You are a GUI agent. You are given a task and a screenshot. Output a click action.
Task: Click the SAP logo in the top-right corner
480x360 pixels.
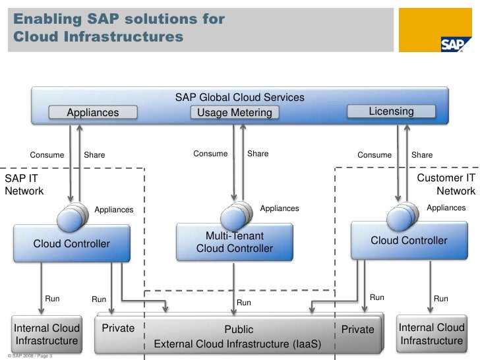click(456, 43)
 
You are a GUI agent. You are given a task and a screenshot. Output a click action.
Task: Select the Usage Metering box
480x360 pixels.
click(234, 113)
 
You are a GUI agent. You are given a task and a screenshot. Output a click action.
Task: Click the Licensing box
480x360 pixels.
click(391, 111)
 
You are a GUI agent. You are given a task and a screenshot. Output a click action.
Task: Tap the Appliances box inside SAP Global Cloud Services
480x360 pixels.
click(93, 113)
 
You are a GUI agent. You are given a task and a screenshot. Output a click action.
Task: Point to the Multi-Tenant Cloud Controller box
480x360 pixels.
click(234, 242)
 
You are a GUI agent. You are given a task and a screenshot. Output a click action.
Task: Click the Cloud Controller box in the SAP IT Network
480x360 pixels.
click(71, 244)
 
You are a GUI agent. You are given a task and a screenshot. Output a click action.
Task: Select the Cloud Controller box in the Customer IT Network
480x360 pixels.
click(408, 241)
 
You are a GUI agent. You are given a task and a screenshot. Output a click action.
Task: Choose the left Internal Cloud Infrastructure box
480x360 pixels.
click(47, 334)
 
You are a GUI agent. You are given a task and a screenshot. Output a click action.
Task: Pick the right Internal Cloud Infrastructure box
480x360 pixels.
click(431, 334)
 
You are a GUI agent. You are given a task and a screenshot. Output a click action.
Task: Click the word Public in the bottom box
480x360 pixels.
click(239, 330)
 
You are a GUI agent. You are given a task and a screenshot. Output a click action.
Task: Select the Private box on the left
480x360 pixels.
click(118, 328)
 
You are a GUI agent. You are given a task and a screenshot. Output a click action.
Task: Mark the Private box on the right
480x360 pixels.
click(357, 330)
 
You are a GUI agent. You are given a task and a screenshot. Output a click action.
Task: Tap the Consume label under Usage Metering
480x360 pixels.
click(210, 154)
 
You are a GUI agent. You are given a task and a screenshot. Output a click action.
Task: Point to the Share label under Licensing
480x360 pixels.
click(422, 155)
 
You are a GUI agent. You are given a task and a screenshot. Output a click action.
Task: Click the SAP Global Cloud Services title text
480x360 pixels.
click(239, 98)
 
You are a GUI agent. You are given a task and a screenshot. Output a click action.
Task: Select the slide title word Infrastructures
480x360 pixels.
click(97, 38)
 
